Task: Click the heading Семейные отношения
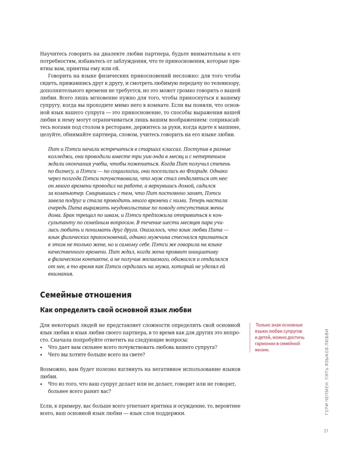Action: click(x=85, y=295)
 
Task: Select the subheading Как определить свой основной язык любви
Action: click(x=116, y=310)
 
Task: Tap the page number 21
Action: click(x=326, y=432)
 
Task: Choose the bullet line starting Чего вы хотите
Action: click(x=96, y=354)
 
